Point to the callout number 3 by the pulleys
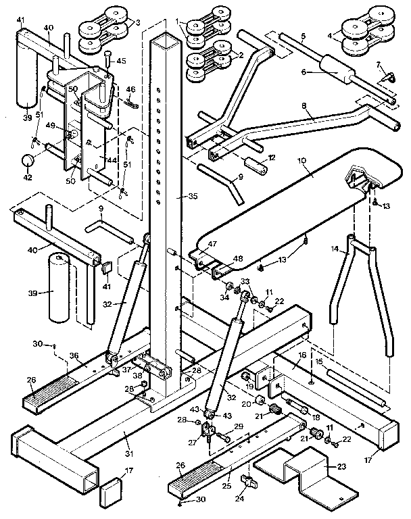tap(138, 23)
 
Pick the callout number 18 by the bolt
tap(315, 418)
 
